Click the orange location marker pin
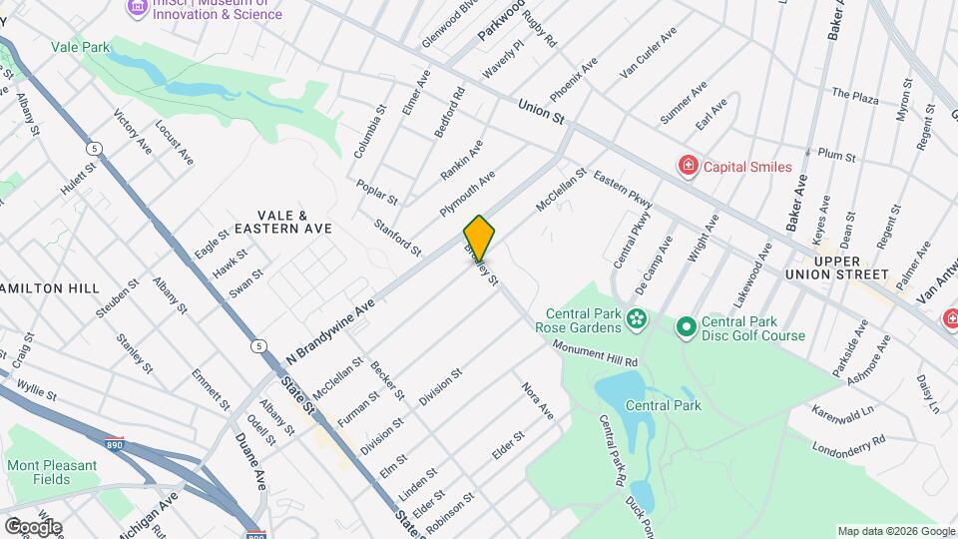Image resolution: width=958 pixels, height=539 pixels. pyautogui.click(x=480, y=239)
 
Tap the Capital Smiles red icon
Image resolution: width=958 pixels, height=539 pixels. pyautogui.click(x=687, y=166)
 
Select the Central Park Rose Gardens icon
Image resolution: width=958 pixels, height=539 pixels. pyautogui.click(x=637, y=319)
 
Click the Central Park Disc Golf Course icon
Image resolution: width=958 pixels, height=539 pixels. pyautogui.click(x=686, y=327)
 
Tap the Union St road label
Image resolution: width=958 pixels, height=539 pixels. pyautogui.click(x=541, y=111)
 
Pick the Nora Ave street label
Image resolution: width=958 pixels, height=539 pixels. pyautogui.click(x=536, y=398)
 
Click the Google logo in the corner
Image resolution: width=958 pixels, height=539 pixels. pyautogui.click(x=33, y=526)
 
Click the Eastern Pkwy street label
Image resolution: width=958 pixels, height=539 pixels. pyautogui.click(x=623, y=190)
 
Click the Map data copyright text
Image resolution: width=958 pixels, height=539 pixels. pyautogui.click(x=895, y=531)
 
